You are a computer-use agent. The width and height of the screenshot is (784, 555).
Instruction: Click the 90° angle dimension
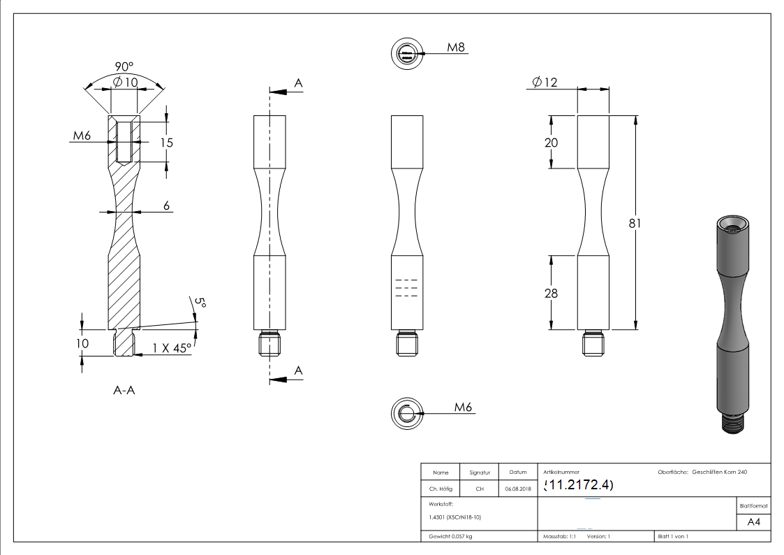(x=124, y=66)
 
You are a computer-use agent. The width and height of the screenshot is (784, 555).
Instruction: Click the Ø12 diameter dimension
(x=545, y=82)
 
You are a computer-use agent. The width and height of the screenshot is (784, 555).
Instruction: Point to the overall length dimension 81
(x=635, y=223)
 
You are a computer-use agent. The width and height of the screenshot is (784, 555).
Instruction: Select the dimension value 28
(x=551, y=293)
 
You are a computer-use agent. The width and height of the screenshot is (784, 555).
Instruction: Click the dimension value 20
(x=551, y=142)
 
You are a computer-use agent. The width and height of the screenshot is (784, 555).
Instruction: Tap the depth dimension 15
(x=166, y=143)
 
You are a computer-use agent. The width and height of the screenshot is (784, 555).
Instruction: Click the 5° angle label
(x=200, y=303)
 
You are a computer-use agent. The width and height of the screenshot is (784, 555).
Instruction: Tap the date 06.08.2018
(x=517, y=489)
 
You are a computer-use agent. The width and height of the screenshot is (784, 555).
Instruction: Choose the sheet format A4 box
(x=753, y=522)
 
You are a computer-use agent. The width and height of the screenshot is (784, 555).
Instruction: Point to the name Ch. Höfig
(x=440, y=489)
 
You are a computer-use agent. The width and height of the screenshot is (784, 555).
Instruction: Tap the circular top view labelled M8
(x=406, y=54)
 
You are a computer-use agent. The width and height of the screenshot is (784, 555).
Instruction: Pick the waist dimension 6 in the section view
(x=166, y=206)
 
